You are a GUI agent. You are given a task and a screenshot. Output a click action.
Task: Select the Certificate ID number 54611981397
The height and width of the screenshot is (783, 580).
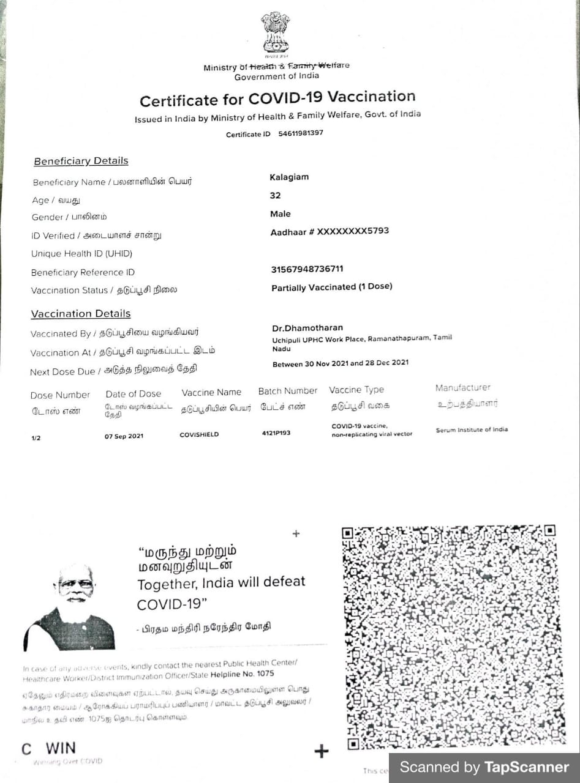click(301, 133)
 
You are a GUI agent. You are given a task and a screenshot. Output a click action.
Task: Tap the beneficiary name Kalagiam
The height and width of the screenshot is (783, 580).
click(289, 177)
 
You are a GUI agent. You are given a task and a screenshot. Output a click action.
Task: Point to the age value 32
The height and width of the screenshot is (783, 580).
click(275, 196)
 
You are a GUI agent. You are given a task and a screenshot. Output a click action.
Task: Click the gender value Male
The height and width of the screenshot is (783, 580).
click(281, 214)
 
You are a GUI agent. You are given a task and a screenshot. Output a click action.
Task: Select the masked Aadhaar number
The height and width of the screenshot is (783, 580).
click(330, 231)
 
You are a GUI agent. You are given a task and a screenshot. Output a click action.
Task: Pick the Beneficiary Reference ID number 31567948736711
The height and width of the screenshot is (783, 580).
click(307, 269)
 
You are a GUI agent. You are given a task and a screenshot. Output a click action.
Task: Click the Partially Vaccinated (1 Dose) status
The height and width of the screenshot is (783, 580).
click(331, 287)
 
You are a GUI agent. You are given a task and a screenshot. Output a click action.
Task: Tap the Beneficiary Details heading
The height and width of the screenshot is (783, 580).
click(81, 161)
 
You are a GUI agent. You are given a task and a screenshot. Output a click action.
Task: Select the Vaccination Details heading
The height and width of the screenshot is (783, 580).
click(81, 314)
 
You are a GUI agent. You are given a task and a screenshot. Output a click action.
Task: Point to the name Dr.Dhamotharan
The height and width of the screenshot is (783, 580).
click(307, 328)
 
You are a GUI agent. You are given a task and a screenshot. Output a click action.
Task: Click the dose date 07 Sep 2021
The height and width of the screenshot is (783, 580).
click(124, 436)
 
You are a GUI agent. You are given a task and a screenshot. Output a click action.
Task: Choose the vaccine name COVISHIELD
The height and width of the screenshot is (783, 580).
click(199, 435)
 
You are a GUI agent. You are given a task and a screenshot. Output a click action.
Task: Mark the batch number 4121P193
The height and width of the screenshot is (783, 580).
click(276, 433)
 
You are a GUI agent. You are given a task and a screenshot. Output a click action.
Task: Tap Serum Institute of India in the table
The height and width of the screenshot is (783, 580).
click(472, 429)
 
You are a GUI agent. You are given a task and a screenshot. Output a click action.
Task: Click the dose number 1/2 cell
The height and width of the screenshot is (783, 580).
click(36, 438)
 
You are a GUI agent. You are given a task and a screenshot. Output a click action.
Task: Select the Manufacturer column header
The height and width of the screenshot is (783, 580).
click(463, 388)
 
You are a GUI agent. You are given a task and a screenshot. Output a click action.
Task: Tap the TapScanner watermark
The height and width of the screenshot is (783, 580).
click(484, 767)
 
